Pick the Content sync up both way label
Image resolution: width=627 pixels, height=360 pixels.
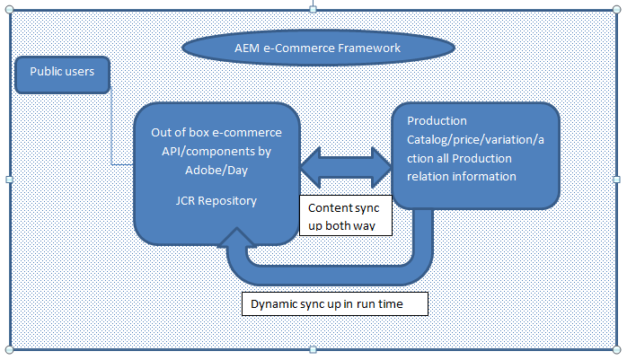pyautogui.click(x=346, y=215)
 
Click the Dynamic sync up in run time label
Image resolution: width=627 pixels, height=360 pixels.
pyautogui.click(x=334, y=304)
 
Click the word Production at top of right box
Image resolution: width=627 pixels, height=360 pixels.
pyautogui.click(x=437, y=120)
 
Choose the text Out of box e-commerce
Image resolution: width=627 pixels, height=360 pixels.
pyautogui.click(x=216, y=133)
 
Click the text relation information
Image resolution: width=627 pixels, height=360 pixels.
pyautogui.click(x=462, y=176)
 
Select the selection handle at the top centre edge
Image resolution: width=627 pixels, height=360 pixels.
pyautogui.click(x=313, y=9)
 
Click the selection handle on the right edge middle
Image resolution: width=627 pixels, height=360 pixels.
pyautogui.click(x=617, y=180)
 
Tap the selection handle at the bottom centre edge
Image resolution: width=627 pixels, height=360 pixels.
pyautogui.click(x=313, y=349)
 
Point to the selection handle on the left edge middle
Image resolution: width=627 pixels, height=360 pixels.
pyautogui.click(x=10, y=180)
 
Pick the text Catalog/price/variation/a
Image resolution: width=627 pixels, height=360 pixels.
pyautogui.click(x=476, y=139)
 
